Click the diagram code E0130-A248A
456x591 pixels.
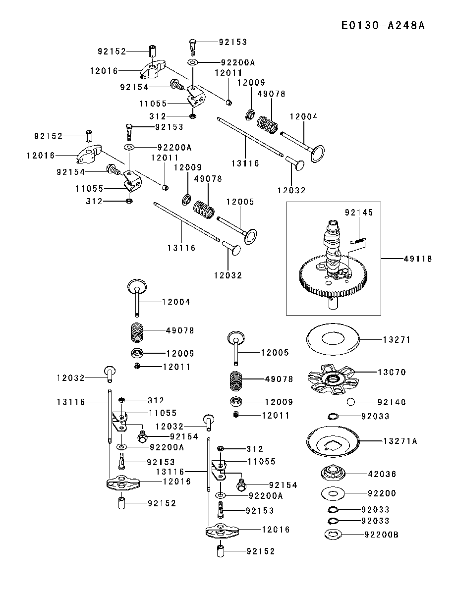click(x=383, y=25)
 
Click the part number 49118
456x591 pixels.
click(x=418, y=259)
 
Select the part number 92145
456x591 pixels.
click(x=359, y=213)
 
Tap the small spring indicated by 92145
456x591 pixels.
click(x=357, y=239)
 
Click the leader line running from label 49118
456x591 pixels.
click(x=392, y=259)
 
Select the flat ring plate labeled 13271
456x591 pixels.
click(x=333, y=339)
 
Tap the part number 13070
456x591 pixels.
click(x=392, y=373)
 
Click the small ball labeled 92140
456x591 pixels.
click(x=351, y=402)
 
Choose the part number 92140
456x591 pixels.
click(x=392, y=402)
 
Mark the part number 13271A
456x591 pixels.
click(x=400, y=441)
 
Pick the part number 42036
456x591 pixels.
click(x=382, y=474)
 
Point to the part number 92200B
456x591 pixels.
click(x=381, y=535)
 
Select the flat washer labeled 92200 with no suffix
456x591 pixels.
click(x=333, y=492)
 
